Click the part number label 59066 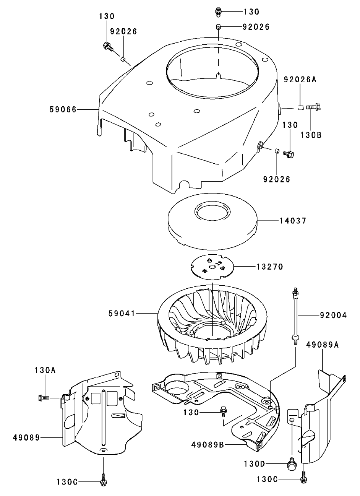[63, 109]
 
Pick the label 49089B [208, 444]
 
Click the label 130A [45, 370]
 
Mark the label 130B [310, 135]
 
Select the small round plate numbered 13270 [212, 266]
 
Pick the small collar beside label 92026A [300, 108]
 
